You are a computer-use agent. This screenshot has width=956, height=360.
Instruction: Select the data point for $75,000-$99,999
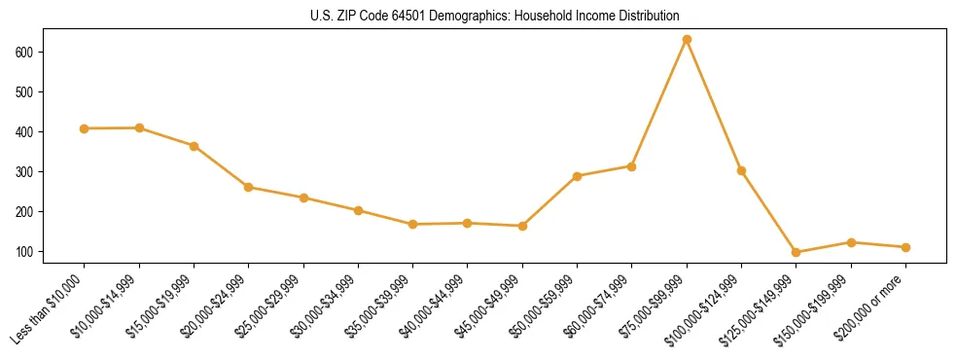click(x=687, y=40)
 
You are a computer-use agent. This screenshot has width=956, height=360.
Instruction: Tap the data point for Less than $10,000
click(x=85, y=128)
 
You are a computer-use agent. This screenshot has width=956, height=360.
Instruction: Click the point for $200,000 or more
click(x=905, y=247)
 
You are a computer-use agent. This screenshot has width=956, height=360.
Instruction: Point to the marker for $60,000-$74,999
click(x=632, y=166)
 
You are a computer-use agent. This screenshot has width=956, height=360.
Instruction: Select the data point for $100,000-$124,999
click(x=741, y=170)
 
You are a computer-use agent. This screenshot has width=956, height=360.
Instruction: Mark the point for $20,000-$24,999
click(x=249, y=187)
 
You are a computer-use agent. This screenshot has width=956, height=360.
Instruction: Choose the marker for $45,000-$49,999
click(x=522, y=226)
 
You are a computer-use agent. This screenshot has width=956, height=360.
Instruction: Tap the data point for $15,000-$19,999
click(x=195, y=146)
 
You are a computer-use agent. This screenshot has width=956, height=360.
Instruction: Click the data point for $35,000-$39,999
click(x=413, y=225)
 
